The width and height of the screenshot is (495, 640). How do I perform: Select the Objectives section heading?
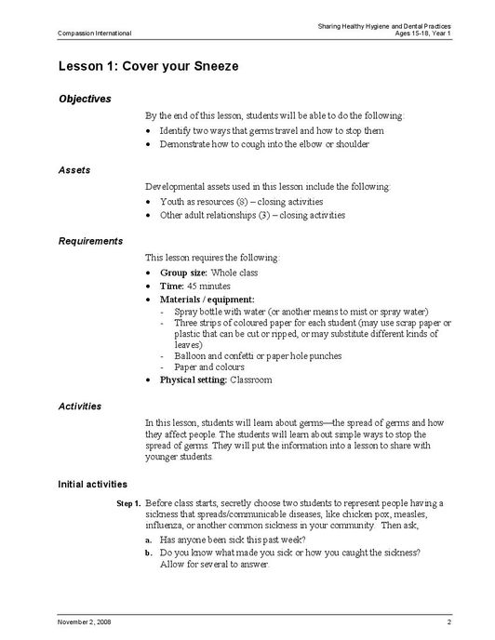(85, 99)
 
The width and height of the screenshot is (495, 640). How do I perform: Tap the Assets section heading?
(74, 170)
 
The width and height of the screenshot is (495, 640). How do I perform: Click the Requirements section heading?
(90, 241)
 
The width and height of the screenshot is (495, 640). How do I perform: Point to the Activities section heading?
(80, 407)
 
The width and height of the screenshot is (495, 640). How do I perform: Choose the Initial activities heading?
(93, 484)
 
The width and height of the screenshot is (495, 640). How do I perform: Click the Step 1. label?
(128, 503)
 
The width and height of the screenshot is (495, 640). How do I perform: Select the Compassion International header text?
(94, 33)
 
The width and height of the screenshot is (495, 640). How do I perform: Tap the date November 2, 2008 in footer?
(85, 620)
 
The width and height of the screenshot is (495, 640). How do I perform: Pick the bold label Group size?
(185, 273)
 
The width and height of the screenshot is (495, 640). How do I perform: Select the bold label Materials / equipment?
(207, 300)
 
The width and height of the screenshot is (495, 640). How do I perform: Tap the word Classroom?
(251, 380)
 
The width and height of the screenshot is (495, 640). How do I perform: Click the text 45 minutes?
(209, 287)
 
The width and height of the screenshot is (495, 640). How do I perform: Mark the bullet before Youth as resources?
(150, 202)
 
